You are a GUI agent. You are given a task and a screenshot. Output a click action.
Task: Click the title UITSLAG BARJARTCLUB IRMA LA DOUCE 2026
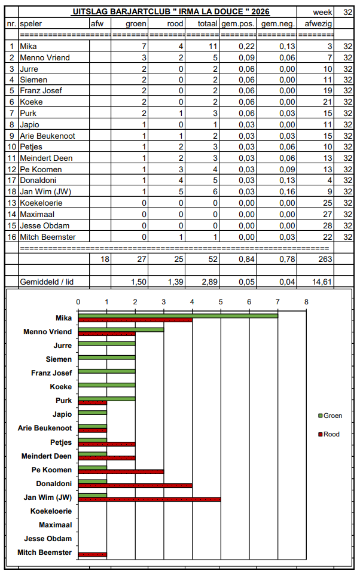[x=171, y=11]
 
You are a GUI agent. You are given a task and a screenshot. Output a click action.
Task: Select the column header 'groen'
[x=136, y=24]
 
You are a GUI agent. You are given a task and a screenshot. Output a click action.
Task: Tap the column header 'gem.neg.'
[x=278, y=24]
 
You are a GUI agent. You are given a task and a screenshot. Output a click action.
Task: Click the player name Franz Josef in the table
[x=41, y=90]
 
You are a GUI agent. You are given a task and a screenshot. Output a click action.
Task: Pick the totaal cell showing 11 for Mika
[x=213, y=47]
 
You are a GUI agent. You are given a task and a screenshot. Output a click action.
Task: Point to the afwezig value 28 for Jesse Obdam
[x=328, y=225]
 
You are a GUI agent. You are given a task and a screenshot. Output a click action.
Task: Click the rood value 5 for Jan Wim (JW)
[x=181, y=191]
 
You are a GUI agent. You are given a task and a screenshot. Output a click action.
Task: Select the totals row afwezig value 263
[x=325, y=259]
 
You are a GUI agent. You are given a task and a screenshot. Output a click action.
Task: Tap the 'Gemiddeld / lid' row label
[x=47, y=282]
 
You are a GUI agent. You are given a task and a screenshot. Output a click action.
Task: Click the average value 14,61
[x=322, y=282]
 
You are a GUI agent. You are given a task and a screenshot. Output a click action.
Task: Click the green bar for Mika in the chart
[x=178, y=316]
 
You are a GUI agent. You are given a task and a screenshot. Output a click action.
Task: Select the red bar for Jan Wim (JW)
[x=150, y=499]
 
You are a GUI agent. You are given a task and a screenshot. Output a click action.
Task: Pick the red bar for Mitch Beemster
[x=93, y=554]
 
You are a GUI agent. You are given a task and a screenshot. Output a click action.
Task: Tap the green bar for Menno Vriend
[x=121, y=329]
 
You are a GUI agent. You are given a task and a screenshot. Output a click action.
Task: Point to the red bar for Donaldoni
[x=135, y=486]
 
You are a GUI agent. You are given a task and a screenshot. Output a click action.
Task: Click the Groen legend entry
[x=331, y=416]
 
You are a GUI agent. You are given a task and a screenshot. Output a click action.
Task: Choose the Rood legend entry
[x=329, y=434]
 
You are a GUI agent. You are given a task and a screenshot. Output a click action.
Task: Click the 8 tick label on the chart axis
[x=306, y=302]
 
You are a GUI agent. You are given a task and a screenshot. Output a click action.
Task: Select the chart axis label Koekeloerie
[x=51, y=511]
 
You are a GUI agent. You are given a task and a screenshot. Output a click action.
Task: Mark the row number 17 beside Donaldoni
[x=12, y=181]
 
